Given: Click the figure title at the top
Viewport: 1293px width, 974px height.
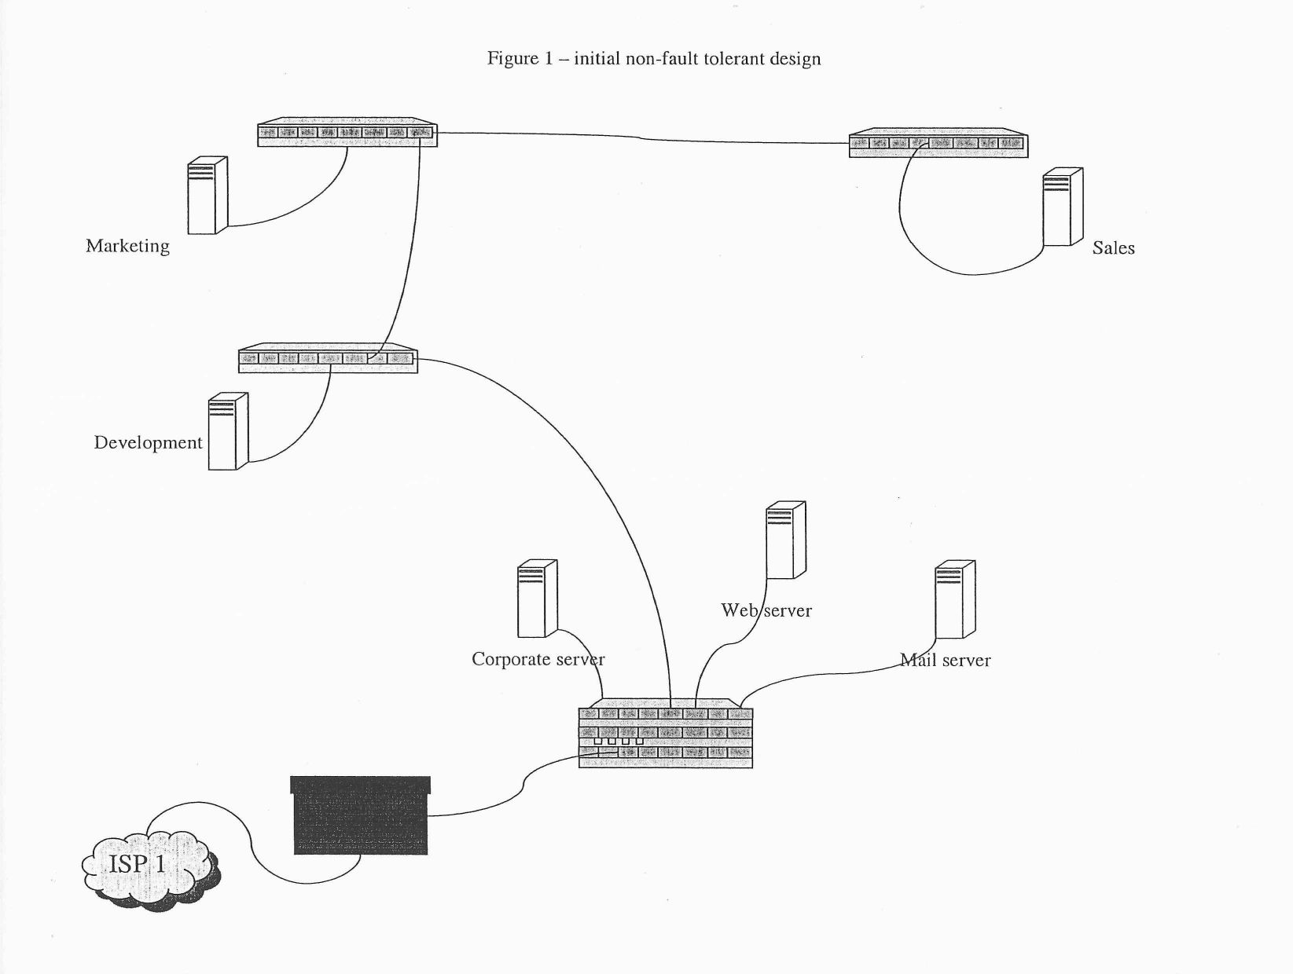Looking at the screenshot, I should coord(654,59).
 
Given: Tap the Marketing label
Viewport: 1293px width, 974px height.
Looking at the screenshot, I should coord(127,246).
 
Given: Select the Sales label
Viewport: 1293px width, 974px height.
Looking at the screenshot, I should coord(1113,248).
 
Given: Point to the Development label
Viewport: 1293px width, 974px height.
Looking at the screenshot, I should coord(148,442).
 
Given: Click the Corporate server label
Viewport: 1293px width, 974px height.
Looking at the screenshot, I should coord(538,659).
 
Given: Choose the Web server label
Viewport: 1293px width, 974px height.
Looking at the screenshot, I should coord(766,610).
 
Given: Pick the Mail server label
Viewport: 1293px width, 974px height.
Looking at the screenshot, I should coord(946,661).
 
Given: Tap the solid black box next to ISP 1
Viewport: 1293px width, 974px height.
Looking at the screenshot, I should coord(361,815).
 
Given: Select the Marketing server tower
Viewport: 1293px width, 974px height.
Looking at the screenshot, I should coord(208,196).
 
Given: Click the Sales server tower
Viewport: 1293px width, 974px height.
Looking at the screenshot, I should coord(1063,207).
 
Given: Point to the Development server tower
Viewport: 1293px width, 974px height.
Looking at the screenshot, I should coord(228,431).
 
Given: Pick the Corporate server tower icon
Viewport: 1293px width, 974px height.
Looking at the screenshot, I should coord(538,598).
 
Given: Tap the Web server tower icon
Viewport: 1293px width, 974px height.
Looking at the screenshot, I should coord(786,540).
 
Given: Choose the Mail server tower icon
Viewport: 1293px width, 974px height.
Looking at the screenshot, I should coord(955,599).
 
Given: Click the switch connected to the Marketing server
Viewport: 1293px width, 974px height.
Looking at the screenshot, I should coord(347,133).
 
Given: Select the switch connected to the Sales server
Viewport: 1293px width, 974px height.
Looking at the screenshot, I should coord(938,143).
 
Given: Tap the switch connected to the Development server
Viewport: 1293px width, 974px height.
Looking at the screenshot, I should coord(328,358).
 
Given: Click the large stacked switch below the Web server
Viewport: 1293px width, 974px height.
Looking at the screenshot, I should coord(666,736).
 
